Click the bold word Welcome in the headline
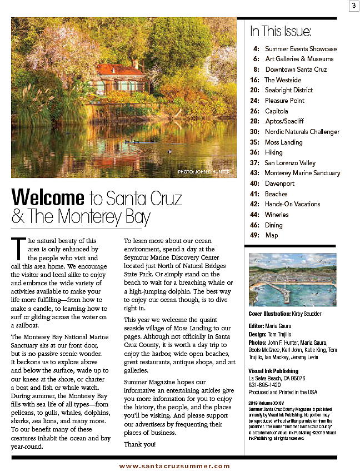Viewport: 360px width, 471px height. point(47,197)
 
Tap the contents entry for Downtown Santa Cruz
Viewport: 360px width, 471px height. point(296,70)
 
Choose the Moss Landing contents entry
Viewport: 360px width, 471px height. point(283,142)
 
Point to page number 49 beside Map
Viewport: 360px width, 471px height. point(254,235)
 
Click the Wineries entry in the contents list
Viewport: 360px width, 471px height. point(277,215)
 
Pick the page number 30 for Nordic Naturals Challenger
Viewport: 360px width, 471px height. point(254,132)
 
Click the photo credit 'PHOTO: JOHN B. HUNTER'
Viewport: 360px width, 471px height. point(204,172)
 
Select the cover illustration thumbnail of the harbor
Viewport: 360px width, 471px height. point(292,280)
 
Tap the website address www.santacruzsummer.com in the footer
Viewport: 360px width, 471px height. point(174,466)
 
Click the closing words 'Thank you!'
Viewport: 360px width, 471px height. point(140,444)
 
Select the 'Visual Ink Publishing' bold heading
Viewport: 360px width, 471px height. point(273,371)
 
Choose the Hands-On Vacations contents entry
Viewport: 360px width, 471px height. point(292,204)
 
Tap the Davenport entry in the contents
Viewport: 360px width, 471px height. point(279,184)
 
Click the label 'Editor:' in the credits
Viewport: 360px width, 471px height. point(257,326)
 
